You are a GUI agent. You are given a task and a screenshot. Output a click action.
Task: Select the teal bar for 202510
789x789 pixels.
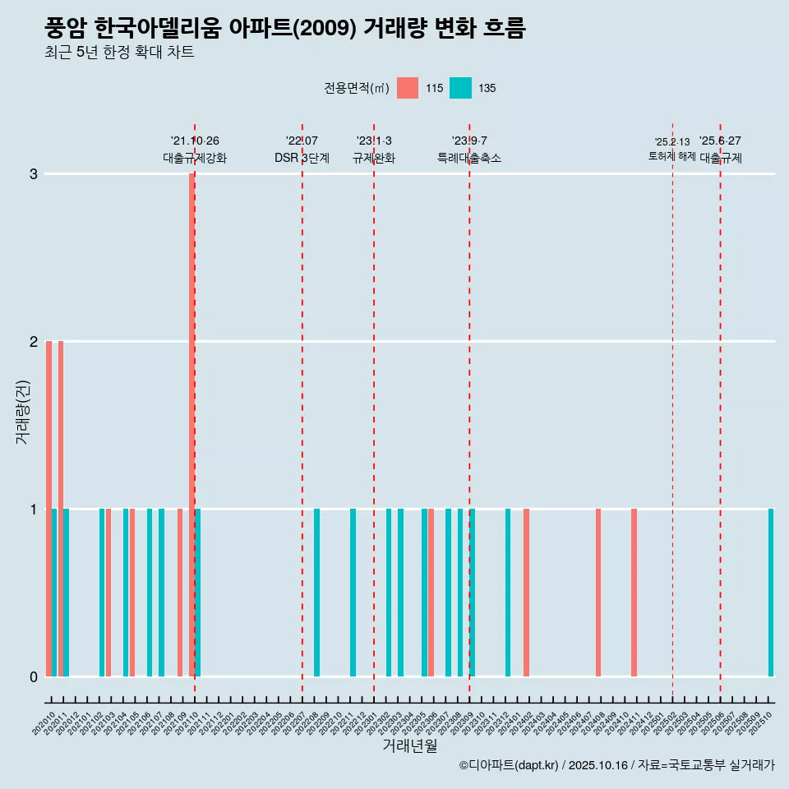click(x=771, y=592)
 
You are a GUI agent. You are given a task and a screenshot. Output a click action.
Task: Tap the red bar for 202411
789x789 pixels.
click(x=634, y=592)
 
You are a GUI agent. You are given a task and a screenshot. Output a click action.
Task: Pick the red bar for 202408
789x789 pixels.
click(x=598, y=592)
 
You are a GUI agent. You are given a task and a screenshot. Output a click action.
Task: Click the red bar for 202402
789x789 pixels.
click(x=526, y=592)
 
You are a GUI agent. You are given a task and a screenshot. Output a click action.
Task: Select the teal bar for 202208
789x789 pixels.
click(x=317, y=592)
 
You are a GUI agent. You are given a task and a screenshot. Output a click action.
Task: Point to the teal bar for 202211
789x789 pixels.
click(x=353, y=592)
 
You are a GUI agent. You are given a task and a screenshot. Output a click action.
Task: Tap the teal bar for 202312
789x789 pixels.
click(x=508, y=592)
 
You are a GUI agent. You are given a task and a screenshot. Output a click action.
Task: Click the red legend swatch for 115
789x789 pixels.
click(x=408, y=88)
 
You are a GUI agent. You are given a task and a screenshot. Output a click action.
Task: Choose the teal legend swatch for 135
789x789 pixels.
click(x=460, y=88)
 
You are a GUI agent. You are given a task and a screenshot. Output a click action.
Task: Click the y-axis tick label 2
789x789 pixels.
click(x=34, y=341)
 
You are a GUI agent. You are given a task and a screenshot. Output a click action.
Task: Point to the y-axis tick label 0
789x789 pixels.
click(x=34, y=676)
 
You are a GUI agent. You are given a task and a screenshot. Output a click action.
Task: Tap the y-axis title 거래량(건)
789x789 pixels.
click(x=23, y=411)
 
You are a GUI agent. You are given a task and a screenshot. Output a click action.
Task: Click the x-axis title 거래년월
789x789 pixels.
click(x=409, y=745)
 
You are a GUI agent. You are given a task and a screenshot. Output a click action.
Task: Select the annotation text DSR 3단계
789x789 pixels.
click(x=302, y=158)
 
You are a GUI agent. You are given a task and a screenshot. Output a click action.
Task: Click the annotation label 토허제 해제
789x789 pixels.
click(x=671, y=156)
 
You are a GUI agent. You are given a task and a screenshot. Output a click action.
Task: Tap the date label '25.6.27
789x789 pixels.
click(x=720, y=141)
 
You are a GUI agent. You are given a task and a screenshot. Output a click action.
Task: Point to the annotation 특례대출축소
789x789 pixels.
click(x=468, y=158)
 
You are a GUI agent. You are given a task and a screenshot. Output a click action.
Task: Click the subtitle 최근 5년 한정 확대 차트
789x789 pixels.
click(x=119, y=53)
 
